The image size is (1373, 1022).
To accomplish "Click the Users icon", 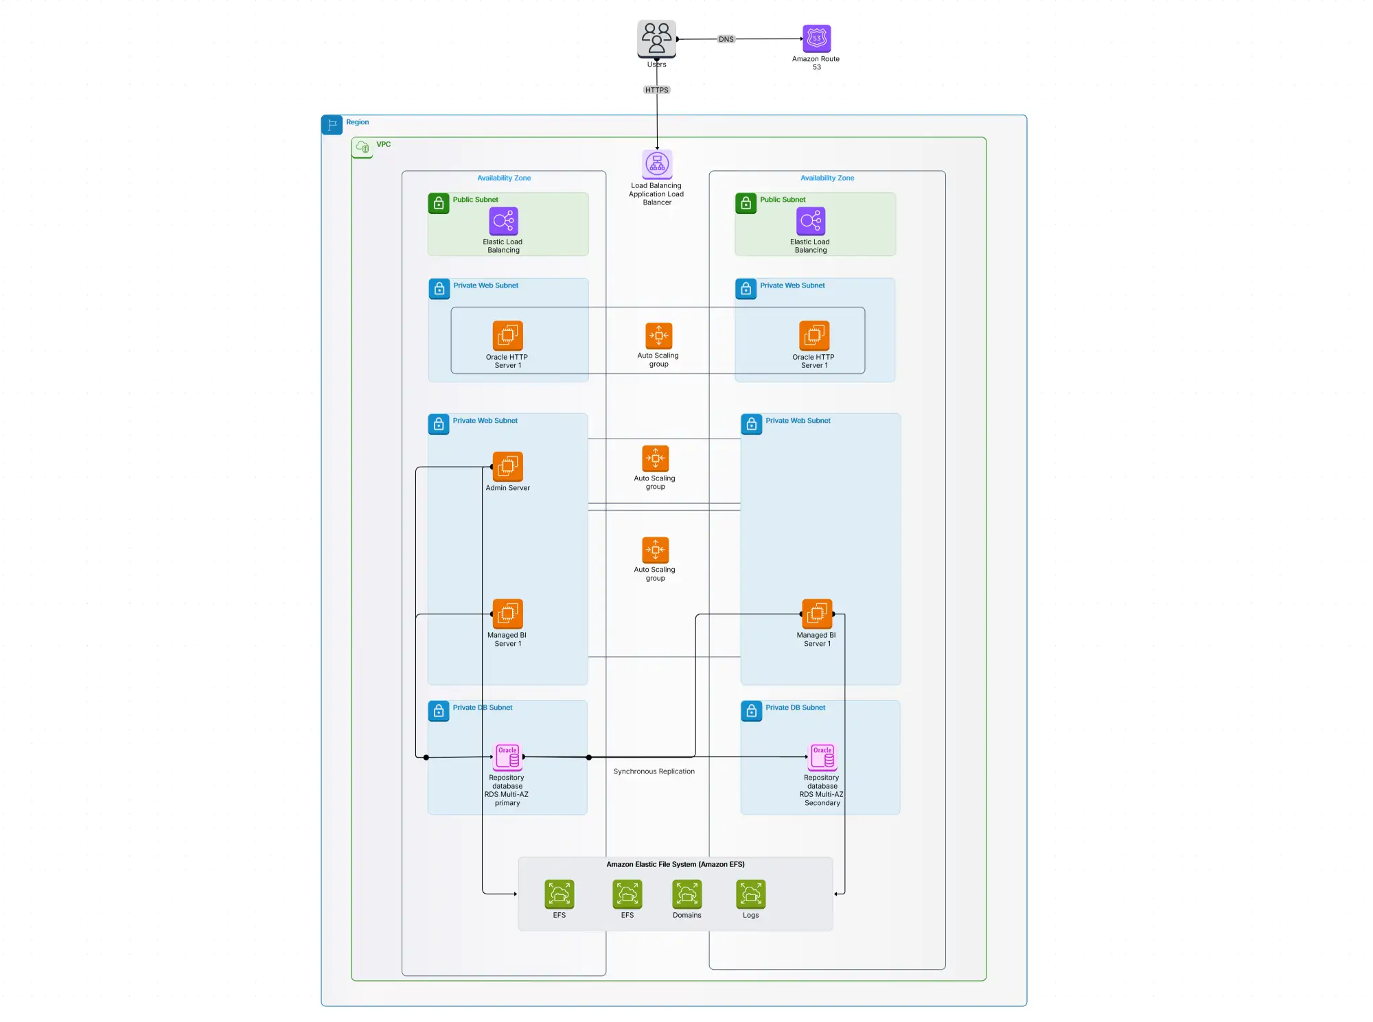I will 656,38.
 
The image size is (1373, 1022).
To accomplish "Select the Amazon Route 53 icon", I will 816,38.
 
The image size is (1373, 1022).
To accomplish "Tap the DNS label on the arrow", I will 726,39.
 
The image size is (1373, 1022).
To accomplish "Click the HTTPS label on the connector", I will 656,90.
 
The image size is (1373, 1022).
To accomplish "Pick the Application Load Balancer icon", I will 657,164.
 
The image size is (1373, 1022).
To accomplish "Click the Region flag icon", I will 332,125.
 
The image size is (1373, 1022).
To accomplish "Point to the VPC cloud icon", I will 362,147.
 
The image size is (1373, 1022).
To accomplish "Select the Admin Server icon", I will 507,466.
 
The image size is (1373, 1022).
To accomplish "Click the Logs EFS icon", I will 750,894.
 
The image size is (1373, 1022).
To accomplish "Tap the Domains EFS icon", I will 686,894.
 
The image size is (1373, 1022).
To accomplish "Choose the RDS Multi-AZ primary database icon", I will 507,757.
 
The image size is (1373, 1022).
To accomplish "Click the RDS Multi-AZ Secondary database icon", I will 822,757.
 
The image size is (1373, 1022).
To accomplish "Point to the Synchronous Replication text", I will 654,771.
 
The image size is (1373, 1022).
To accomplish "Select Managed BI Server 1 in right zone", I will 817,614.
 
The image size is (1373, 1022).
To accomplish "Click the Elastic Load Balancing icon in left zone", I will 503,221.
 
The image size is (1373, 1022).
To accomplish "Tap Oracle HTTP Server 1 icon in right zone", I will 814,336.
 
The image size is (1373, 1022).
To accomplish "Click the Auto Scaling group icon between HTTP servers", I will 658,336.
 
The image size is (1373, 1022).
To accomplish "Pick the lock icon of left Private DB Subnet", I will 439,711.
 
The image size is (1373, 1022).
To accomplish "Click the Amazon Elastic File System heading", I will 675,864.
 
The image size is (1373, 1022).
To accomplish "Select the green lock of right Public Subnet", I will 746,203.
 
